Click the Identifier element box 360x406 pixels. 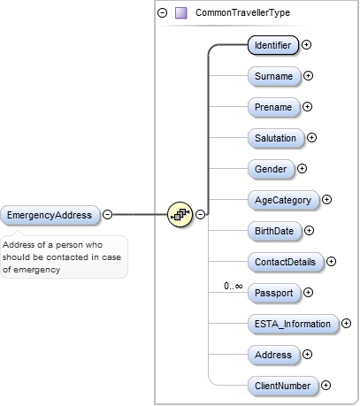pyautogui.click(x=272, y=44)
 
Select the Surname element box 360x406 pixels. pyautogui.click(x=272, y=76)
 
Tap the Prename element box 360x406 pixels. pyautogui.click(x=272, y=107)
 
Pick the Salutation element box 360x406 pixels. pyautogui.click(x=275, y=138)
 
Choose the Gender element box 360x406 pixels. pyautogui.click(x=270, y=169)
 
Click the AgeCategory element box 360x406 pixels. pyautogui.click(x=282, y=200)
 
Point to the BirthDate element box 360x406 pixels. pyautogui.click(x=274, y=231)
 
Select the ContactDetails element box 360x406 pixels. pyautogui.click(x=285, y=262)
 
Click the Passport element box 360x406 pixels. pyautogui.click(x=272, y=293)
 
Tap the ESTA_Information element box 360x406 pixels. pyautogui.click(x=292, y=324)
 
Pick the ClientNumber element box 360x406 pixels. pyautogui.click(x=282, y=386)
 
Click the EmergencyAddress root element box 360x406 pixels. pyautogui.click(x=50, y=214)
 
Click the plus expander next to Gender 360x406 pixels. pyautogui.click(x=302, y=169)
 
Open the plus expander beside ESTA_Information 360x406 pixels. pyautogui.click(x=346, y=324)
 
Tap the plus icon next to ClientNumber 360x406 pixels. pyautogui.click(x=326, y=386)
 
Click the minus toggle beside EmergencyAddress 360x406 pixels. pyautogui.click(x=107, y=214)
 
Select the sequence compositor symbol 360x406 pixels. pyautogui.click(x=180, y=214)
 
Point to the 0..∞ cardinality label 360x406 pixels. pyautogui.click(x=234, y=286)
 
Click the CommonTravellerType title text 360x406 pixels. pyautogui.click(x=241, y=13)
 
